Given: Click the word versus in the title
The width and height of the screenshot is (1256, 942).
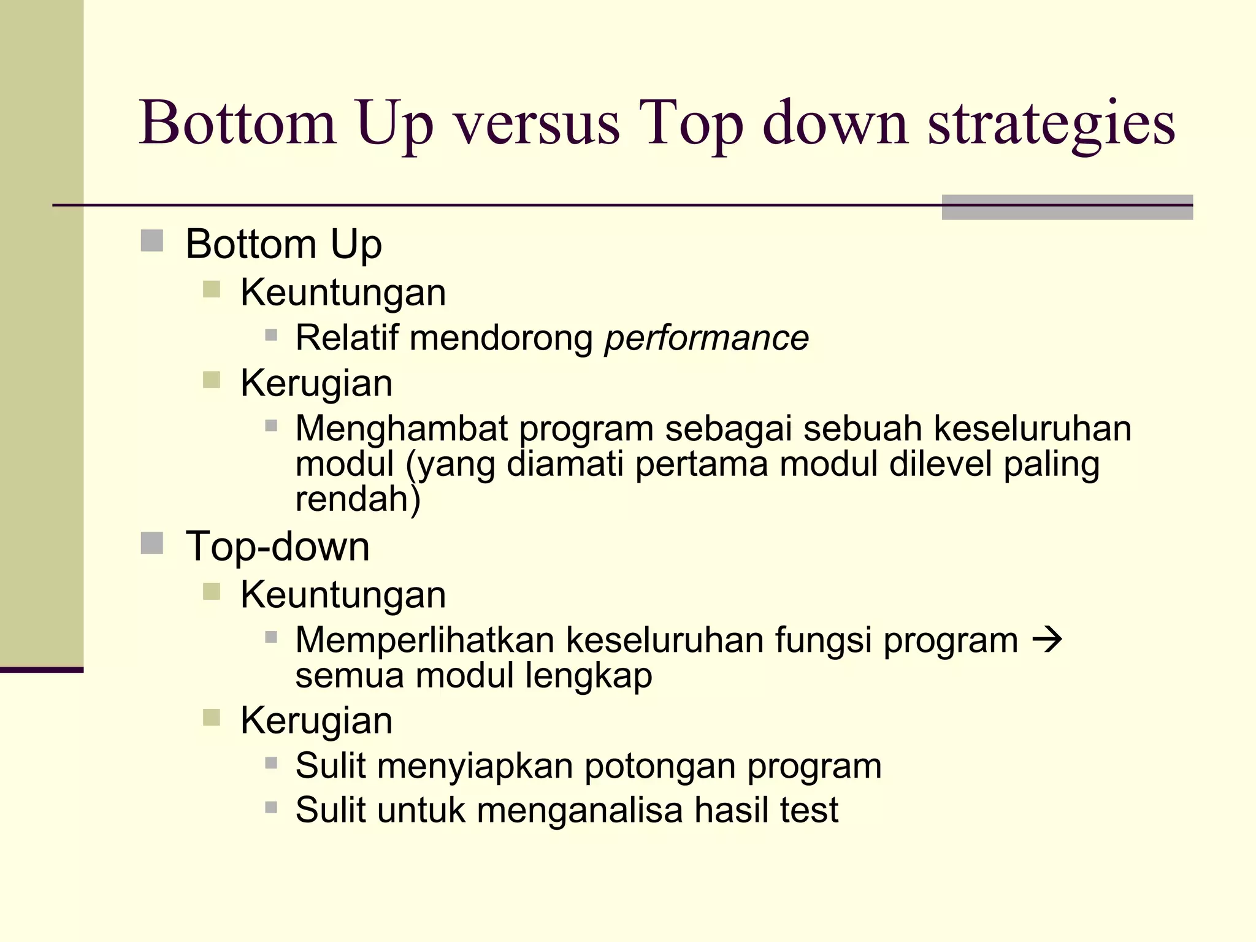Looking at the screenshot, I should click(x=537, y=124).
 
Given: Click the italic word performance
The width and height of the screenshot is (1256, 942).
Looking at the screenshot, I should click(x=706, y=338).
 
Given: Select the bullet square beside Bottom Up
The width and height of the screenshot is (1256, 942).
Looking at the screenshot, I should click(x=151, y=241).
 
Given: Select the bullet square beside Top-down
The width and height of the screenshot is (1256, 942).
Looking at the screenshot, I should click(x=151, y=543).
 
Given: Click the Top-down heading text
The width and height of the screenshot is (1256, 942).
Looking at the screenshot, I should click(x=277, y=546).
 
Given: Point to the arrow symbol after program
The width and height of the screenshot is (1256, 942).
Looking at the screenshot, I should click(x=1047, y=640).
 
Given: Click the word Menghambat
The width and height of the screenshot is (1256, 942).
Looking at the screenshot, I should click(x=402, y=428).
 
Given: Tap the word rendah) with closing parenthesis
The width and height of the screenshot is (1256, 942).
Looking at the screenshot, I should click(x=358, y=499).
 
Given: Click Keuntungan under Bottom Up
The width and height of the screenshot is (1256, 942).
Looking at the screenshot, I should click(x=343, y=293).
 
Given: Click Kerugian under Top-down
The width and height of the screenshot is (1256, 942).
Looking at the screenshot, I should click(x=316, y=720).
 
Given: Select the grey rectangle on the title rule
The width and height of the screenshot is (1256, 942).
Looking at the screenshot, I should click(x=1066, y=207).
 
